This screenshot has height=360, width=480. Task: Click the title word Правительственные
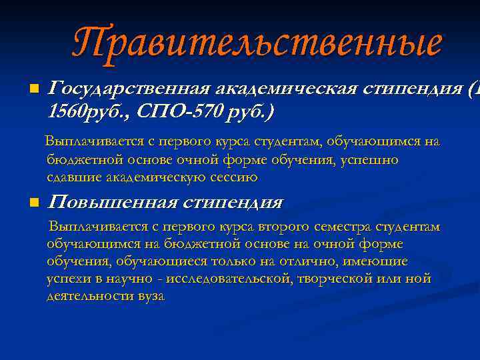(257, 43)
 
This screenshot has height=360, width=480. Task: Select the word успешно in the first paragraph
(373, 160)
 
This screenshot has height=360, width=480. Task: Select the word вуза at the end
(149, 296)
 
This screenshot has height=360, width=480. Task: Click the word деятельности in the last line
(89, 296)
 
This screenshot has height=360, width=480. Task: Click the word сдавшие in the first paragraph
(69, 177)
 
